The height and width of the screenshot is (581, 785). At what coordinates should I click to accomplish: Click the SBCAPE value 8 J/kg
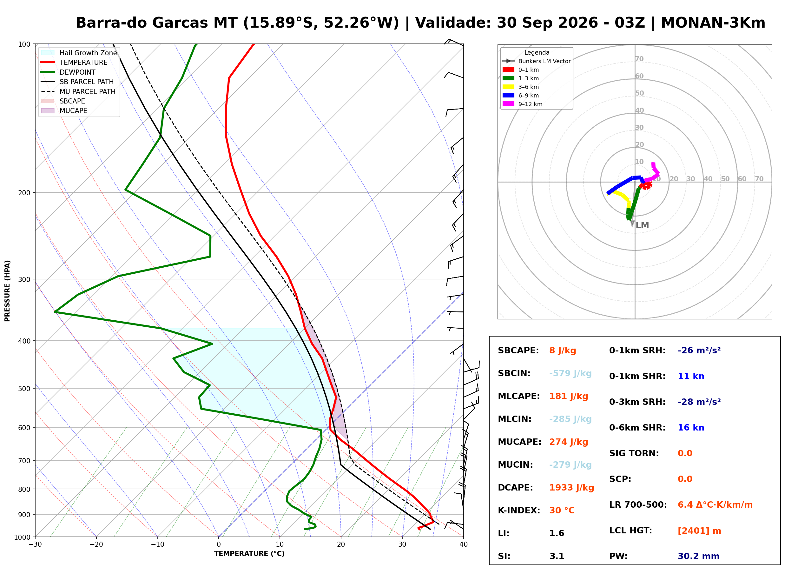point(563,351)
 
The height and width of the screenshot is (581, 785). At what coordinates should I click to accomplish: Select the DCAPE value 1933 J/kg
point(571,488)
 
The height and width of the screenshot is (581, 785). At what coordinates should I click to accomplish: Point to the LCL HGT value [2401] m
point(699,531)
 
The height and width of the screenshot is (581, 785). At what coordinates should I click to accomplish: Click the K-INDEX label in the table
point(519,511)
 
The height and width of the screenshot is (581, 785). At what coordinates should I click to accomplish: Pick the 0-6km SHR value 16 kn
point(691,428)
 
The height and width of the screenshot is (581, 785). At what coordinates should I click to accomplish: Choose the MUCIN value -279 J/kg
point(570,465)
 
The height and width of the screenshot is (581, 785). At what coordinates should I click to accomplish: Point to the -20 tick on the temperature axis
point(96,544)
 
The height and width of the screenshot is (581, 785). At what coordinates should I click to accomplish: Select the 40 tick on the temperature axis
point(463,544)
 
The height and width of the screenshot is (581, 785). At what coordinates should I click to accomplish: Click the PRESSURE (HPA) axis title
point(7,291)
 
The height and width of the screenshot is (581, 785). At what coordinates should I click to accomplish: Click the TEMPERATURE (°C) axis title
point(249,554)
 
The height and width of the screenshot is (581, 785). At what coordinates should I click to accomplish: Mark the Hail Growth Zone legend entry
point(79,53)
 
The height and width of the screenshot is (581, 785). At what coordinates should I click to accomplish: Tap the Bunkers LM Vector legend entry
point(537,61)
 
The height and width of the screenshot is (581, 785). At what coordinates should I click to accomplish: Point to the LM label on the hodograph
point(642,225)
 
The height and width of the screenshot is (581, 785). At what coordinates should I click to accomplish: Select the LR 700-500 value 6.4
point(685,505)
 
